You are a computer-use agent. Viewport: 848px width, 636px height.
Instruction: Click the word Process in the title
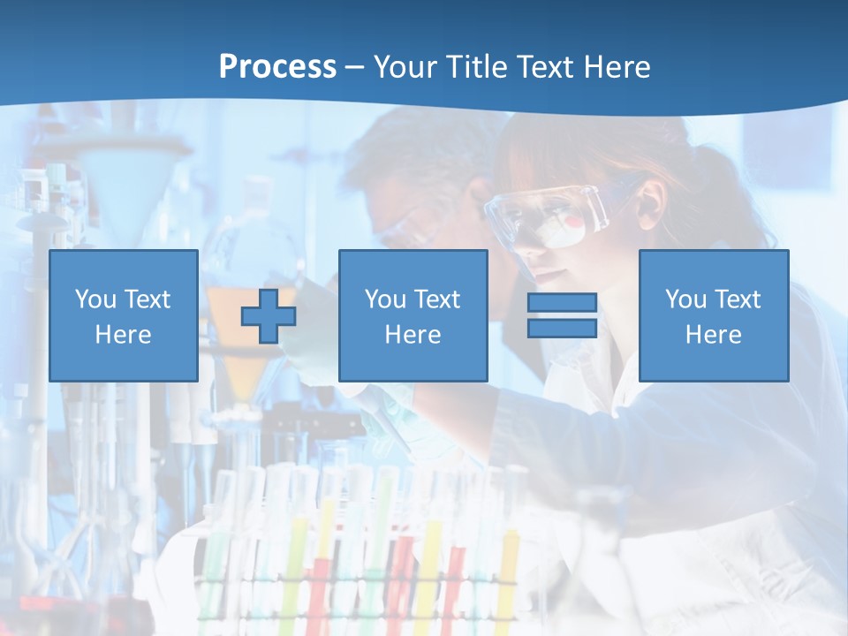tap(277, 67)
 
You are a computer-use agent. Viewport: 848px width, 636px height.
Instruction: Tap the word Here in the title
tap(615, 67)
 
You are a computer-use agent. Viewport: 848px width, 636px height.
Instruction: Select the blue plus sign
tap(269, 316)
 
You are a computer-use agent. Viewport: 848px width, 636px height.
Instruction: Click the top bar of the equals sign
tap(562, 303)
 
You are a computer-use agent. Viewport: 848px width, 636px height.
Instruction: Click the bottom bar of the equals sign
tap(562, 328)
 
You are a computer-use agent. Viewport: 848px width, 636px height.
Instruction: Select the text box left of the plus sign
tap(124, 315)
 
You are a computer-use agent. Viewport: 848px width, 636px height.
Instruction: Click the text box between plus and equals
tap(413, 315)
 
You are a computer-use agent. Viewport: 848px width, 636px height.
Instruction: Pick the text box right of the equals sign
tap(714, 315)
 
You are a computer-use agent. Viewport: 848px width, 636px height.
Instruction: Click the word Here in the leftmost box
tap(123, 335)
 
